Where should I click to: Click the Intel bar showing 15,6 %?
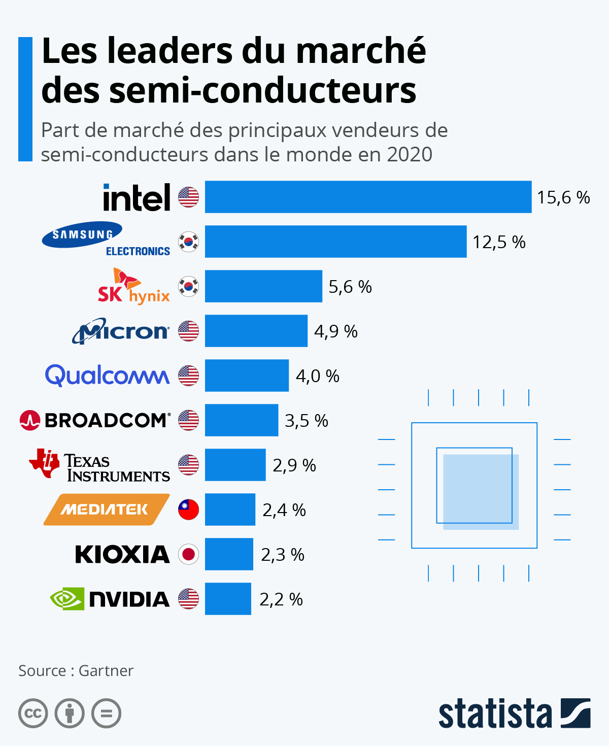click(368, 197)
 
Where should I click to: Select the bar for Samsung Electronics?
click(335, 242)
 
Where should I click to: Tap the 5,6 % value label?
click(350, 287)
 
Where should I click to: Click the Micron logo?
click(121, 331)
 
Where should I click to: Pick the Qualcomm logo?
click(107, 376)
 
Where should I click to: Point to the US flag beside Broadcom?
click(188, 420)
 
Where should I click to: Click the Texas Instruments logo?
click(99, 465)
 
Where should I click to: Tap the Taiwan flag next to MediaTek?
click(188, 510)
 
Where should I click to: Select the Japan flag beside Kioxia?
click(188, 554)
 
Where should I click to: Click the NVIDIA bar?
click(228, 599)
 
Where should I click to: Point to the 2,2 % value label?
click(281, 599)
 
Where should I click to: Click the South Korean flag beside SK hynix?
click(188, 287)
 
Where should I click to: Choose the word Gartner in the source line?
click(106, 670)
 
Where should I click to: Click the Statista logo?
click(514, 714)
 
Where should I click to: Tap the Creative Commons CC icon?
click(33, 714)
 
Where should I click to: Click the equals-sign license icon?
click(106, 714)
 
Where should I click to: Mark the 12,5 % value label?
click(499, 242)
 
